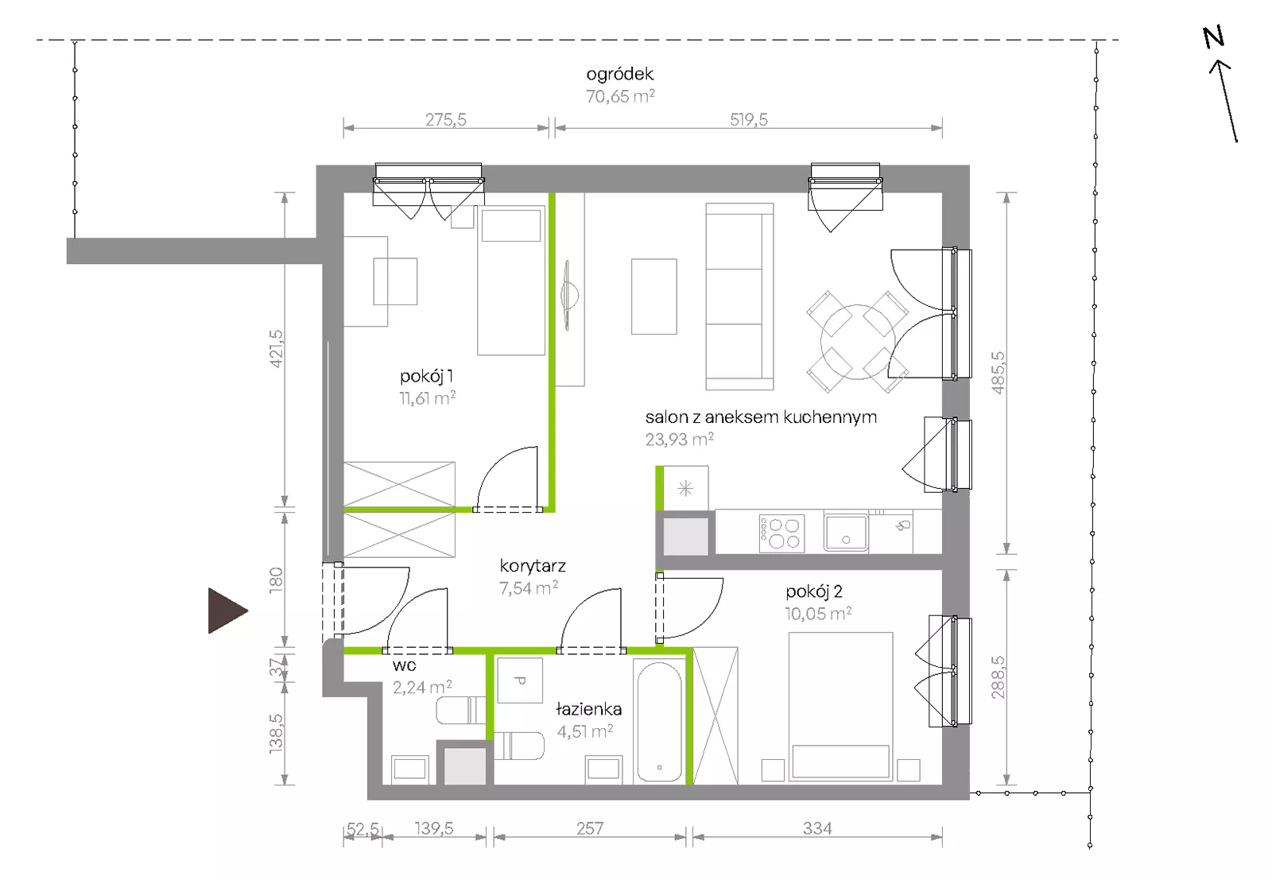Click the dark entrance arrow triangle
225,611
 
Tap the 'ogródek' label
619,75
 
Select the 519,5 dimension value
748,119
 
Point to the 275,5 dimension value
446,119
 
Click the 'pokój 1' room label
426,376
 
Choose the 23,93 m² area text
679,440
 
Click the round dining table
858,342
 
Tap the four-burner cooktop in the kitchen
782,533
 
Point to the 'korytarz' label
532,565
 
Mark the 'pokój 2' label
814,591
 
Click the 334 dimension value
817,828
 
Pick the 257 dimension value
589,828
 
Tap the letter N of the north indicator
1214,37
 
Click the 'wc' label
404,665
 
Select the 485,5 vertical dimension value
998,373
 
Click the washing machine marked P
520,680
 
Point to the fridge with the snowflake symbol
685,488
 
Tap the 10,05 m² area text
818,614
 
